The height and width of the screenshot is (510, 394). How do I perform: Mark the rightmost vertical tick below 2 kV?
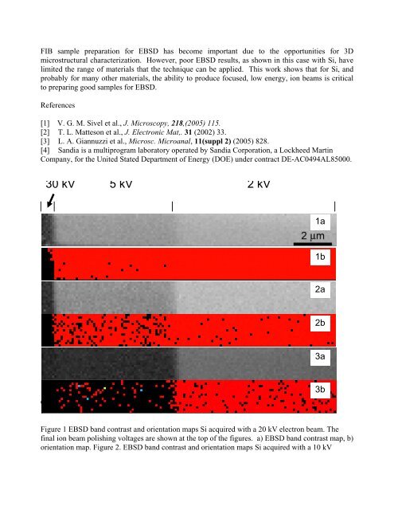pos(334,206)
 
